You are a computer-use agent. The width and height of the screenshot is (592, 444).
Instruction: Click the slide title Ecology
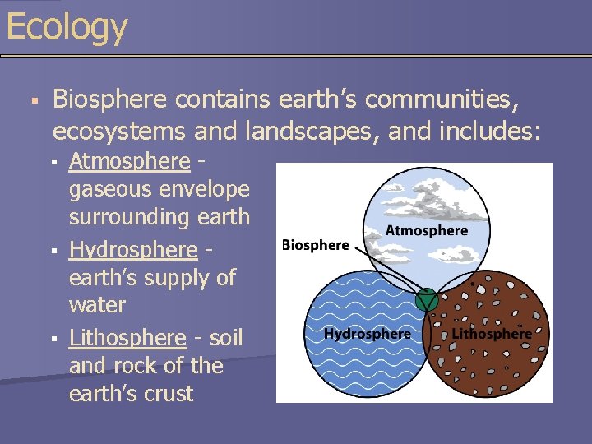(x=66, y=26)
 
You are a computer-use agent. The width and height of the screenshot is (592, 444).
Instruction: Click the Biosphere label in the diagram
(x=315, y=245)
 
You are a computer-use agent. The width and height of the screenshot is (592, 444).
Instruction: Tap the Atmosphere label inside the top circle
(x=426, y=231)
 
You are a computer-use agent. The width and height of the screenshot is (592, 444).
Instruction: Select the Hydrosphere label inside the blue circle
(x=367, y=334)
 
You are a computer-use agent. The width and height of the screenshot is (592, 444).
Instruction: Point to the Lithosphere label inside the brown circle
(x=492, y=334)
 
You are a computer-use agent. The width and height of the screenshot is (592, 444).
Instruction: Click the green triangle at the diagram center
(x=426, y=300)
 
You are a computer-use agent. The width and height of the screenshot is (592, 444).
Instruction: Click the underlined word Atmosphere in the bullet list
(x=129, y=161)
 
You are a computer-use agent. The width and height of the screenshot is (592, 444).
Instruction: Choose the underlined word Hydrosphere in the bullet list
(x=133, y=249)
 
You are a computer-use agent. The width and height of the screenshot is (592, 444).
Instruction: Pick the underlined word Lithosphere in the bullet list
(x=127, y=338)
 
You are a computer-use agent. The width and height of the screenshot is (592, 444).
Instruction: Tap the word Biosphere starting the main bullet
(x=109, y=100)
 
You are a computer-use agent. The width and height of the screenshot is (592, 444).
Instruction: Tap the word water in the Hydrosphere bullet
(x=97, y=305)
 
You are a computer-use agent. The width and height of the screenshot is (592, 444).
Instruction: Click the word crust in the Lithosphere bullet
(x=169, y=393)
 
